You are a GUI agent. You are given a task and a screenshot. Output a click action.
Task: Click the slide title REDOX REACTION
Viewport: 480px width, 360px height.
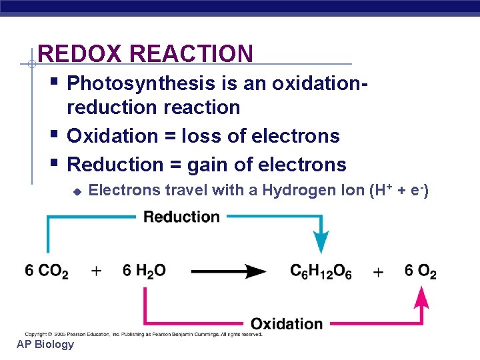pyautogui.click(x=145, y=53)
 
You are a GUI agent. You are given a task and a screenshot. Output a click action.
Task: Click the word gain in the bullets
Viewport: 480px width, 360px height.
pyautogui.click(x=207, y=165)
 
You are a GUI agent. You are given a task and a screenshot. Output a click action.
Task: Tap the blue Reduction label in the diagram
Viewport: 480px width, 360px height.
pyautogui.click(x=181, y=217)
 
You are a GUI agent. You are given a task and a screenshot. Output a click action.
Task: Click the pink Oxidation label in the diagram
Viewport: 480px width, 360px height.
pyautogui.click(x=287, y=324)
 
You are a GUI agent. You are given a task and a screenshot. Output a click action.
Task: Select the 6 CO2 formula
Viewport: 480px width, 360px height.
pyautogui.click(x=47, y=271)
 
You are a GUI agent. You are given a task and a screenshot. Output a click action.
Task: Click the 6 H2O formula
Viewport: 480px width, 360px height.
pyautogui.click(x=144, y=271)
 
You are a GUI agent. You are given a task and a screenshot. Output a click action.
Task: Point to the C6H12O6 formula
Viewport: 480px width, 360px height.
pyautogui.click(x=321, y=272)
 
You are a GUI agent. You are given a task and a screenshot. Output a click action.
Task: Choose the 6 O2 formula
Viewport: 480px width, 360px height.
pyautogui.click(x=421, y=272)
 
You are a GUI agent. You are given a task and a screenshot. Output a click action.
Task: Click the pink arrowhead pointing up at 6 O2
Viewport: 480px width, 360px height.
pyautogui.click(x=421, y=297)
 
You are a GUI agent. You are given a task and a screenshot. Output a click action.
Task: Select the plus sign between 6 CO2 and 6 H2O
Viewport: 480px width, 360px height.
pyautogui.click(x=97, y=271)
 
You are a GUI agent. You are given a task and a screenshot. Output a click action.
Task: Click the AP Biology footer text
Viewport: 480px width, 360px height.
pyautogui.click(x=45, y=344)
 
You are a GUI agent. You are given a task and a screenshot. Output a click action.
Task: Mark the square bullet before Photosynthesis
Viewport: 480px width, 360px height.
pyautogui.click(x=54, y=83)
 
